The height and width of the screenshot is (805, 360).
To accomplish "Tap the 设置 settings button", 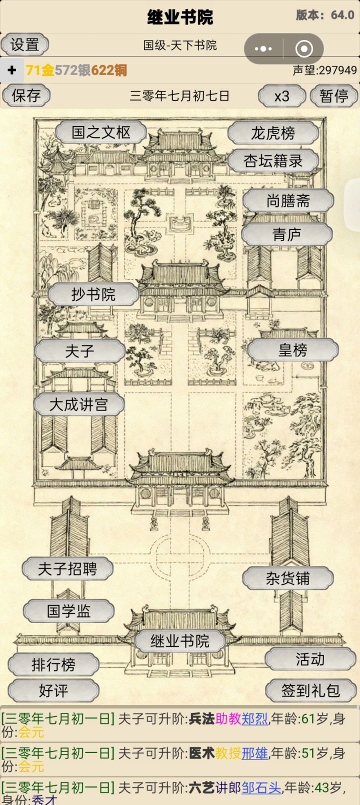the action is coord(25,44).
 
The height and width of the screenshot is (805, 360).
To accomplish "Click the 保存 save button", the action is coord(26,95).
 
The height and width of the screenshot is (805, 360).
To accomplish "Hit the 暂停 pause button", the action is coord(334,95).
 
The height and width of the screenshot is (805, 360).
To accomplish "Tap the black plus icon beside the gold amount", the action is coord(12,69).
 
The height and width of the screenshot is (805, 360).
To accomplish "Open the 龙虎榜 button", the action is coord(273,133).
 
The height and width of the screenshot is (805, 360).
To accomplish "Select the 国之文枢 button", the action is coord(101,132).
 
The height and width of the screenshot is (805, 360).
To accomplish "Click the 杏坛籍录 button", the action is coord(273,160).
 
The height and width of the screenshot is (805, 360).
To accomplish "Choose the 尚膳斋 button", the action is coord(288,200).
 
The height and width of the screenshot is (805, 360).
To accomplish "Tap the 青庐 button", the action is coord(286,234).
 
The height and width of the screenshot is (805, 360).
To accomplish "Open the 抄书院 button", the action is coord(93,294).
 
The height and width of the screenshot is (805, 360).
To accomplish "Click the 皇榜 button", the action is coord(293,349).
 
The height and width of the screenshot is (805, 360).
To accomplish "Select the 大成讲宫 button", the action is coord(79,404).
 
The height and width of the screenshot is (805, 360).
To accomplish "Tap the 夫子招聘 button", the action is coord(67,569).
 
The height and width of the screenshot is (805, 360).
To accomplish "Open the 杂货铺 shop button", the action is coord(288,578).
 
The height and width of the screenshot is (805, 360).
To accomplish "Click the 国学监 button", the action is coord(68,611).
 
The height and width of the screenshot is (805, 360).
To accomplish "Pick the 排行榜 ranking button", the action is coord(53,664).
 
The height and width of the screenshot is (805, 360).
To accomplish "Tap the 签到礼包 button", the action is coord(311,690).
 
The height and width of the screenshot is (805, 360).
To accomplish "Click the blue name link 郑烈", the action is coord(254,719).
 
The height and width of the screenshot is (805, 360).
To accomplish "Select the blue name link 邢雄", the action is coord(254,753).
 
